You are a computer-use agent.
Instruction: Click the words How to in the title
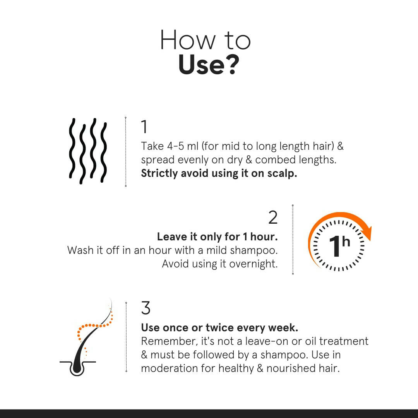click(206, 40)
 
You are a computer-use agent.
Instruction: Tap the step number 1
click(144, 127)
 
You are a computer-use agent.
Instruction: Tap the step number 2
click(273, 218)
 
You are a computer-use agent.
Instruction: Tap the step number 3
click(146, 308)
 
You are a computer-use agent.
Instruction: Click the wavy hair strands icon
click(88, 151)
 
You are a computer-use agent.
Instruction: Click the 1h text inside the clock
click(339, 246)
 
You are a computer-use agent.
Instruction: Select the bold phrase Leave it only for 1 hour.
click(217, 236)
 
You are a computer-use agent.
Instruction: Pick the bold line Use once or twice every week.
click(219, 328)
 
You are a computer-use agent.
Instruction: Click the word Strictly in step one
click(159, 173)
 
